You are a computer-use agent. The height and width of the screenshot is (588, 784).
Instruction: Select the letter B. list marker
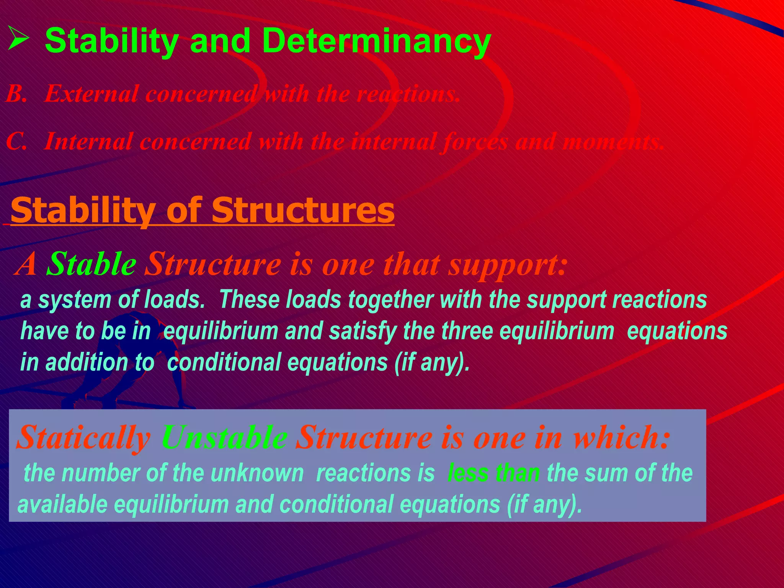pos(16,93)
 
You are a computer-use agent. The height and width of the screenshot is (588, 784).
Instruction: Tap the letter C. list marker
pos(16,141)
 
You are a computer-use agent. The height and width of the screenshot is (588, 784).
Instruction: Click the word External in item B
pos(91,93)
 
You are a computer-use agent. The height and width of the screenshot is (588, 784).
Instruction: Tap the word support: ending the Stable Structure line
pos(508,265)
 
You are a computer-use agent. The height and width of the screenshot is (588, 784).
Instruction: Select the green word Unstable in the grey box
pos(224,438)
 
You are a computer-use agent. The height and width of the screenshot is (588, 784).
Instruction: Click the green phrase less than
pos(493,473)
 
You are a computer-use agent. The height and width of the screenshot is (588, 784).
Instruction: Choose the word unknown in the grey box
pos(257,473)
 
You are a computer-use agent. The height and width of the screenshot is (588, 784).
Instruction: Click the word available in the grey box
pos(62,505)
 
